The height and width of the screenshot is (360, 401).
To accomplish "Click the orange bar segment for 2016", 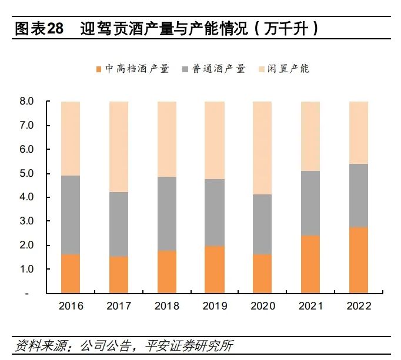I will point(71,273).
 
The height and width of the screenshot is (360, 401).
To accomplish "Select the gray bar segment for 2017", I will point(119,224).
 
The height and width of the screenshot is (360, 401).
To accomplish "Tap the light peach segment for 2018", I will point(166,139).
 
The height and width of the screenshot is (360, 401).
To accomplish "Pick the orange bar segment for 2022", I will point(358,260).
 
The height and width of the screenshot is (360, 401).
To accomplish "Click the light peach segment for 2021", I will point(310,136).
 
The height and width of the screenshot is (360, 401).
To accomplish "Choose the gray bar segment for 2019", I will point(215,213).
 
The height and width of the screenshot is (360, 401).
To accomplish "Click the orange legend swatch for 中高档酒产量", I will point(98,69).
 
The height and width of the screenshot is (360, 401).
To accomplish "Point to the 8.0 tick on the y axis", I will point(27,102).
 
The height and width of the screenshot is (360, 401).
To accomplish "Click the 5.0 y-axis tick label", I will point(27,174).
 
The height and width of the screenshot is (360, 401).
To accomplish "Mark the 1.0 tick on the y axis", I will point(27,269).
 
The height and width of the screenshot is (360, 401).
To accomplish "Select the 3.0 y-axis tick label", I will point(27,221).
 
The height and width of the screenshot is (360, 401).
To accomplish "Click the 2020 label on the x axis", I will point(262,306).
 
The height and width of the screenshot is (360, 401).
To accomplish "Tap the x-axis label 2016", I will point(71,306).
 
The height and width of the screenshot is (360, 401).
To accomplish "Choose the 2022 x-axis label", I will point(358,306).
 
